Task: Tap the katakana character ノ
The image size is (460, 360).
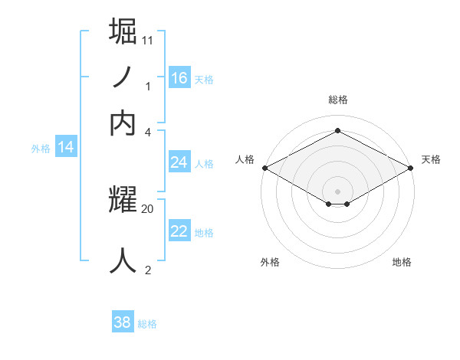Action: [x=123, y=77]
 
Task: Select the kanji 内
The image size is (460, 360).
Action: [x=123, y=123]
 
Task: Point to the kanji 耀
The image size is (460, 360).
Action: [x=124, y=201]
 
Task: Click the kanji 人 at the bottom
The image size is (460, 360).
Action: [x=124, y=260]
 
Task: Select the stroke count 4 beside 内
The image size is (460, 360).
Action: [x=148, y=132]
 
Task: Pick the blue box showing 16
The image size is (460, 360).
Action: [x=179, y=77]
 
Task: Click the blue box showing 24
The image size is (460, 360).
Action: [x=179, y=162]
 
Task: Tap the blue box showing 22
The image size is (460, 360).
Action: [x=179, y=231]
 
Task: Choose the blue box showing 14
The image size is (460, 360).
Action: [x=66, y=147]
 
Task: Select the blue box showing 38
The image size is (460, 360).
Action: [x=123, y=322]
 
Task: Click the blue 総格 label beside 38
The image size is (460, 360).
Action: [x=147, y=324]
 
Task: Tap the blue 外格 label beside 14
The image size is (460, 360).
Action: [x=41, y=149]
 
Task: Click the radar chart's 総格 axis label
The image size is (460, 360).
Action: [x=338, y=100]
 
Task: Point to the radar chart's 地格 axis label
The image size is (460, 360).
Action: [x=402, y=262]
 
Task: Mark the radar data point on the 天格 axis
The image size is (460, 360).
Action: [x=412, y=168]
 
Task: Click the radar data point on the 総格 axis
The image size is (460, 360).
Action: [x=338, y=131]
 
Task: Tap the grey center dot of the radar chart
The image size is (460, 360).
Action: [x=338, y=190]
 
